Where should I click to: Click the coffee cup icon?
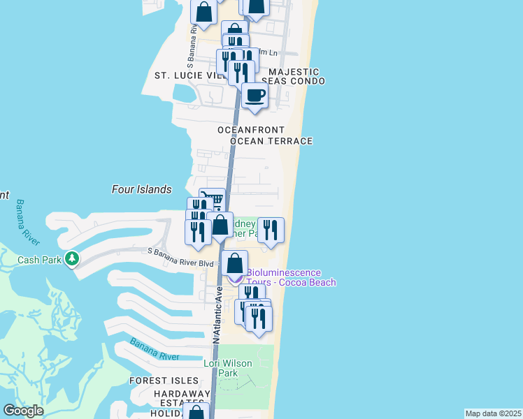pyautogui.click(x=255, y=95)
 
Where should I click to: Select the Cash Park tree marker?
pyautogui.click(x=71, y=260)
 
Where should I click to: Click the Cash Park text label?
pyautogui.click(x=41, y=260)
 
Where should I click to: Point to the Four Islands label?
pyautogui.click(x=141, y=189)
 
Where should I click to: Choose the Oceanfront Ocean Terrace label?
pyautogui.click(x=264, y=135)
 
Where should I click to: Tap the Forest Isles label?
pyautogui.click(x=159, y=381)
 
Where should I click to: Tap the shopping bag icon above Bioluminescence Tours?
pyautogui.click(x=236, y=263)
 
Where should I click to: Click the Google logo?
pyautogui.click(x=23, y=411)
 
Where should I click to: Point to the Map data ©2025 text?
pyautogui.click(x=493, y=413)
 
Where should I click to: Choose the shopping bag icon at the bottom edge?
pyautogui.click(x=197, y=413)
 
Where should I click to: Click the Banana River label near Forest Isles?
pyautogui.click(x=154, y=351)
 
